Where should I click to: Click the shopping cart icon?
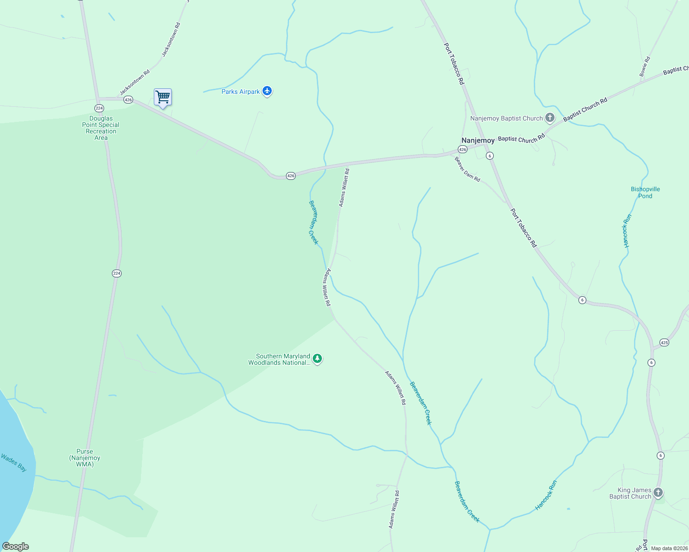163,98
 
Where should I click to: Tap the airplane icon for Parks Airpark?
267,91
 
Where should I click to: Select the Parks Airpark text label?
240,92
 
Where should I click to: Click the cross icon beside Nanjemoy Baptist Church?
550,118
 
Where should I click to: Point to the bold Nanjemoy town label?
478,140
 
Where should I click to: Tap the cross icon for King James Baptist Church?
658,493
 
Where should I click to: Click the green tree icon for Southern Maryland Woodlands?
317,359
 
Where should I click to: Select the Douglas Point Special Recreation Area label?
101,128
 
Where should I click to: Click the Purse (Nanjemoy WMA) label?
85,458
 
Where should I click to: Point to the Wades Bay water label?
14,462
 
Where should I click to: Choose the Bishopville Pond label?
645,192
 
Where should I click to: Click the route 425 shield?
664,342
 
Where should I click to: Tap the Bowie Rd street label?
645,66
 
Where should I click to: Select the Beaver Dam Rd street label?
467,169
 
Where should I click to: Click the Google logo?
16,546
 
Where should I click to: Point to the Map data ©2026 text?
669,548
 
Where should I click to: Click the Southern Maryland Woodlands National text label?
279,359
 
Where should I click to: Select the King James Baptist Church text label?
630,493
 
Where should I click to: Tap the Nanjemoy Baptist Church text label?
506,118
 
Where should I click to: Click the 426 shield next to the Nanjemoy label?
462,149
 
